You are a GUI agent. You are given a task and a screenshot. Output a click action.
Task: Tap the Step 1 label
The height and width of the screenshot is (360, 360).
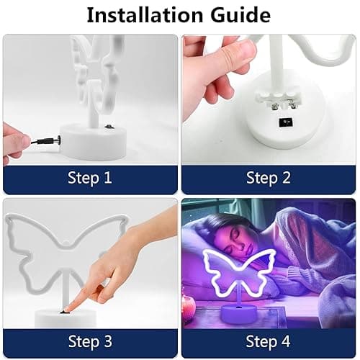[x=89, y=178]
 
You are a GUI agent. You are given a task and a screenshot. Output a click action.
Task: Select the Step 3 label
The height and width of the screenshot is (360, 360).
[x=89, y=340]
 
